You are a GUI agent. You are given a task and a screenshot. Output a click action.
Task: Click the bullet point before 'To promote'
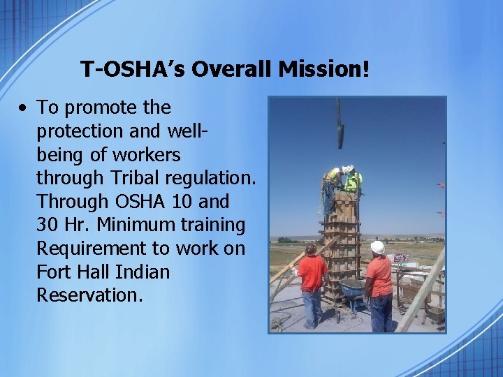[x=24, y=109]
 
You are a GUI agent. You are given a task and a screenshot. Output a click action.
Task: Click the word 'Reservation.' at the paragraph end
[x=89, y=295]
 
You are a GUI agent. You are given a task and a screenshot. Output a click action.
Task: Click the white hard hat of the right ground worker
[x=378, y=247]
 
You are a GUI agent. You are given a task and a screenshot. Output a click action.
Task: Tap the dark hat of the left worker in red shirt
[x=311, y=248]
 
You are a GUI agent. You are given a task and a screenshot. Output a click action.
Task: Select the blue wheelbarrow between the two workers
[x=351, y=286]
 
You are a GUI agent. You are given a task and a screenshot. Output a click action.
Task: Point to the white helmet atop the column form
[x=347, y=170]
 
